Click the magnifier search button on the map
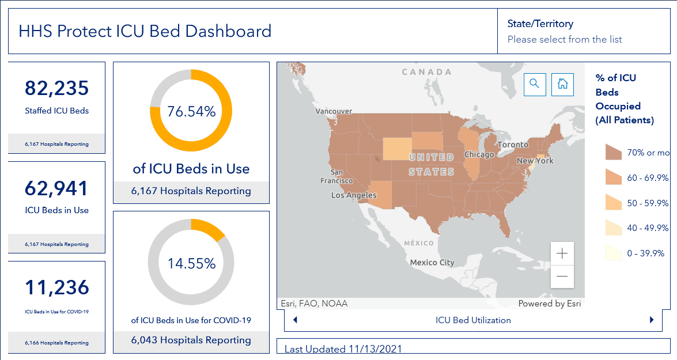(535, 84)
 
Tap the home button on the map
(562, 84)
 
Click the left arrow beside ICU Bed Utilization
(296, 320)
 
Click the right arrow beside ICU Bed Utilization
(652, 320)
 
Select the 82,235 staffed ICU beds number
(56, 88)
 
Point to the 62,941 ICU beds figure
(56, 188)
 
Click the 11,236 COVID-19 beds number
(56, 287)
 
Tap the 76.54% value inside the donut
(191, 111)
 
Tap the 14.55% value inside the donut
(191, 263)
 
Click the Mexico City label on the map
(432, 263)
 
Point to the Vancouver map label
(334, 111)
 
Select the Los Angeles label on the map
(354, 195)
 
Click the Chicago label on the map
(479, 154)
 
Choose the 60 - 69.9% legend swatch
(614, 177)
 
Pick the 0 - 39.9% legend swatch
(614, 252)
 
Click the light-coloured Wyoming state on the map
(397, 149)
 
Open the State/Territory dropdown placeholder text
(565, 39)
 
